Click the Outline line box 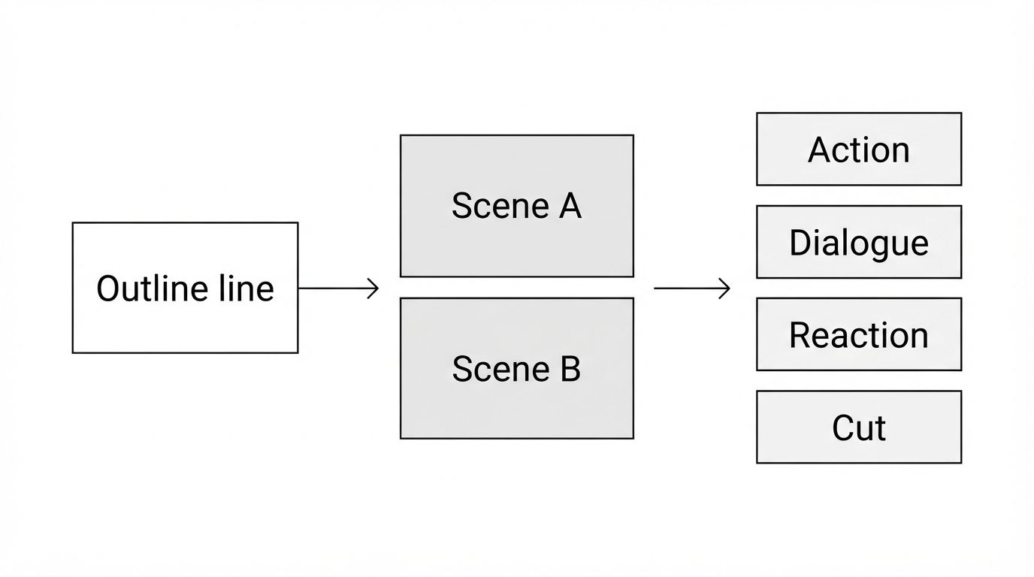pos(185,288)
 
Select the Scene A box pos(517,206)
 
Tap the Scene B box pos(517,368)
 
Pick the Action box pos(859,149)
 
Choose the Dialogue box pos(859,242)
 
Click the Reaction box pos(859,334)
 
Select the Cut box pos(859,427)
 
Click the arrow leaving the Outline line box pos(339,288)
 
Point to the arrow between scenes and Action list pos(692,288)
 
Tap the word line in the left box pos(246,288)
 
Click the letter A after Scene pos(570,206)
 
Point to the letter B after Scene pos(570,369)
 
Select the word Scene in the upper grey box pos(500,206)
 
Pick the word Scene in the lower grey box pos(500,369)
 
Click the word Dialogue pos(859,243)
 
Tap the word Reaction pos(859,334)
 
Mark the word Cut pos(859,428)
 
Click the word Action pos(859,150)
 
